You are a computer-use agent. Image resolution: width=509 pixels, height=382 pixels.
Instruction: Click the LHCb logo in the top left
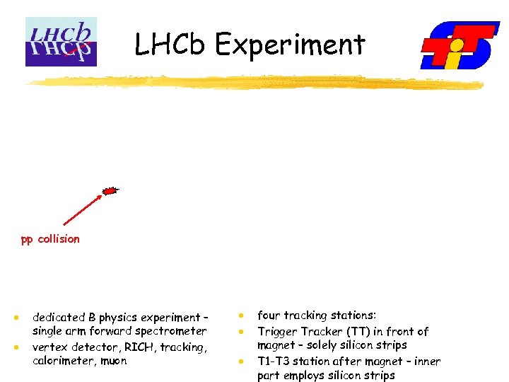tap(61, 42)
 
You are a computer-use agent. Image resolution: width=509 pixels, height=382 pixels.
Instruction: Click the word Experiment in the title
tap(290, 45)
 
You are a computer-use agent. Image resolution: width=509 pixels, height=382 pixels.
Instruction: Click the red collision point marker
tap(110, 190)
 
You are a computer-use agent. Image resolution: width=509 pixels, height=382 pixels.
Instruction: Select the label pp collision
tap(50, 239)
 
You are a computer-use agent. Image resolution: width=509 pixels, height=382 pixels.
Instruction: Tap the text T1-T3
tap(274, 361)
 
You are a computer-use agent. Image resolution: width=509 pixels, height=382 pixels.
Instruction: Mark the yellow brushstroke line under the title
tap(255, 83)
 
